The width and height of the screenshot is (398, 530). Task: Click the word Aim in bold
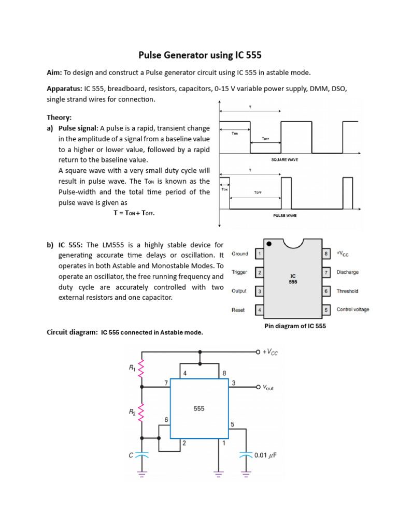54,72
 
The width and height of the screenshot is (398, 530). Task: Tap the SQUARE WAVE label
285,160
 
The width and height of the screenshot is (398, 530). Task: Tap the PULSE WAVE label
285,215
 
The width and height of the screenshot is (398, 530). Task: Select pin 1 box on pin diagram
259,254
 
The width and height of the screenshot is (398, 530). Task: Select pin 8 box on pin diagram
326,254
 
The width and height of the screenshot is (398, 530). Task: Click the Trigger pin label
239,272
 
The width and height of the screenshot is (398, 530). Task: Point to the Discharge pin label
347,272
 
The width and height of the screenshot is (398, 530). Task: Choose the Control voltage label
353,310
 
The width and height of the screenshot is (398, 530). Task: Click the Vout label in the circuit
268,387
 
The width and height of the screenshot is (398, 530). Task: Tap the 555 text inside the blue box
199,408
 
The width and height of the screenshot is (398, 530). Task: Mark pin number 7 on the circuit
166,382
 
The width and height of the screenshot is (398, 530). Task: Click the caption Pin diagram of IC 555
295,327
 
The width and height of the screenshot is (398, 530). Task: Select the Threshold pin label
347,291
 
